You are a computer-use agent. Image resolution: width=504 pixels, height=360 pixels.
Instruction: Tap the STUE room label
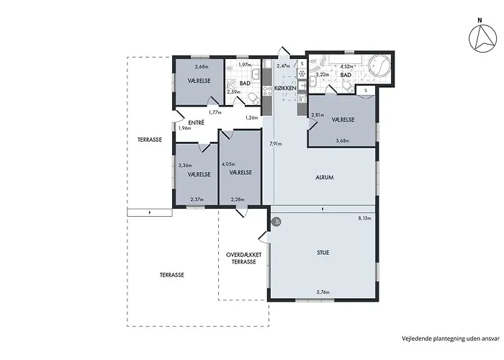(x=323, y=253)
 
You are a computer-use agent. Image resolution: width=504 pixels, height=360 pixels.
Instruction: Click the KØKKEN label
(x=286, y=88)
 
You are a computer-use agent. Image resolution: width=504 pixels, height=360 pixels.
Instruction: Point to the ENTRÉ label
(x=196, y=122)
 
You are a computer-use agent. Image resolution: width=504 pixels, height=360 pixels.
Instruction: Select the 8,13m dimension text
(x=365, y=217)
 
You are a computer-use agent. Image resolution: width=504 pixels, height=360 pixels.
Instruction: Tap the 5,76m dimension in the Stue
(x=323, y=292)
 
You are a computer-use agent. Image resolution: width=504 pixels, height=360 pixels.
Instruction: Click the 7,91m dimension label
(x=275, y=144)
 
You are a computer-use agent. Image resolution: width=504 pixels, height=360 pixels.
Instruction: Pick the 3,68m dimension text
(x=343, y=141)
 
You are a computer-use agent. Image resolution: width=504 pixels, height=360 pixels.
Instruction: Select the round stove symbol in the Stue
(x=276, y=222)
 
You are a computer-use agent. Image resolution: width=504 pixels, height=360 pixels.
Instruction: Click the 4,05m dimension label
(x=228, y=165)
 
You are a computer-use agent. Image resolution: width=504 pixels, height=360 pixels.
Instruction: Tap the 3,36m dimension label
(x=185, y=165)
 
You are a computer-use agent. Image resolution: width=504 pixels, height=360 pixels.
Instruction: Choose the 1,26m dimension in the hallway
(x=251, y=117)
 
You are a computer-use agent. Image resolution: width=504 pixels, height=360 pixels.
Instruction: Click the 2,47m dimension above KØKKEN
(x=283, y=66)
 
